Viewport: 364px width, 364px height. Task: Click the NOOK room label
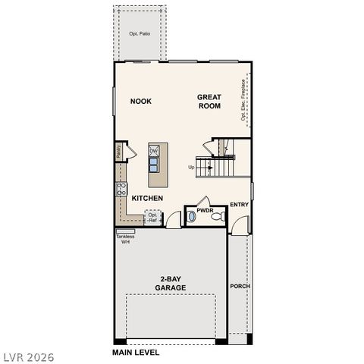[141, 101]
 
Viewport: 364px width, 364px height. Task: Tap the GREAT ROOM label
[209, 102]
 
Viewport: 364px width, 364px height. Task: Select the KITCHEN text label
[147, 198]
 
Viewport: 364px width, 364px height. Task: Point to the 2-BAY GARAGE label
[171, 284]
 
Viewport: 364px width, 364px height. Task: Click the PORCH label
[240, 286]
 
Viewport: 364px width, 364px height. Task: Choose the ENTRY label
[240, 204]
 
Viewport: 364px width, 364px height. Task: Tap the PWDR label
[205, 209]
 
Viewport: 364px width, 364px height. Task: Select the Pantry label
[119, 152]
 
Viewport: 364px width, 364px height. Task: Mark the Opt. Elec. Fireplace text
[243, 102]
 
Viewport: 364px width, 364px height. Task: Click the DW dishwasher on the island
[153, 151]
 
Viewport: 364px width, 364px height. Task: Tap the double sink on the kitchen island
[153, 165]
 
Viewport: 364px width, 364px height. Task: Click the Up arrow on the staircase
[192, 168]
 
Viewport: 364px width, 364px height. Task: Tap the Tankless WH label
[124, 239]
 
